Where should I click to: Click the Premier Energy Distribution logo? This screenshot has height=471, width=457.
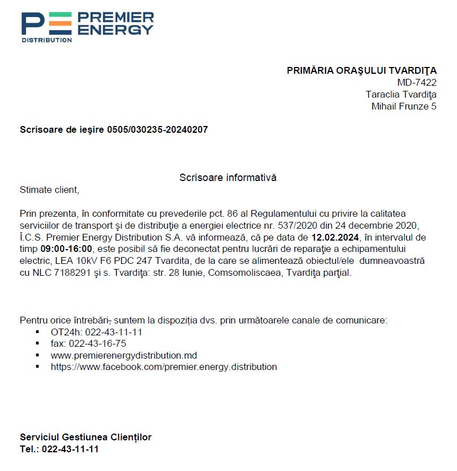coord(87,27)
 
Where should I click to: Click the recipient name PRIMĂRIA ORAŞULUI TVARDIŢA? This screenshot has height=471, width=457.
coord(361,71)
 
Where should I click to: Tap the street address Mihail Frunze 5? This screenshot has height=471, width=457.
coord(404,106)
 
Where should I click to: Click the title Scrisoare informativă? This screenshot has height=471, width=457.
coord(228,178)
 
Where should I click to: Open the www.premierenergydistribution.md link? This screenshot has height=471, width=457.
coord(123,355)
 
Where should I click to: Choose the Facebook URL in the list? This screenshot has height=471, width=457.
coord(164,367)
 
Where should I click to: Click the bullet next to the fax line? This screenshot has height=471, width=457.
coord(37,344)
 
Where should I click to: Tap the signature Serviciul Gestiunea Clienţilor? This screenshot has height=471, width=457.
coord(86,437)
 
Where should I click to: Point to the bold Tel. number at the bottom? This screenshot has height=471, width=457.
coord(70,449)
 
